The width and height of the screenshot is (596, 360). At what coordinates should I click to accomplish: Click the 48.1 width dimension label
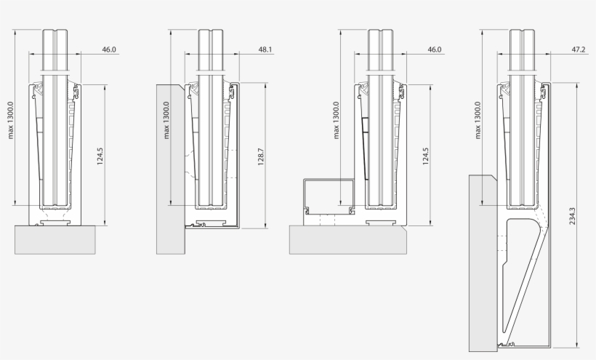pos(265,50)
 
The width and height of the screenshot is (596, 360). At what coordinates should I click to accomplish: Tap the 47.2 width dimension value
pos(579,50)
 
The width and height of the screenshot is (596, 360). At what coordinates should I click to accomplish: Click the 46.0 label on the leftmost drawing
pos(109,50)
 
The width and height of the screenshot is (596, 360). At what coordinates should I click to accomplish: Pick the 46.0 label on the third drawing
pos(435,50)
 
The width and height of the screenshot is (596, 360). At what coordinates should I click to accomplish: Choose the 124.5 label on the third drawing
pos(425,157)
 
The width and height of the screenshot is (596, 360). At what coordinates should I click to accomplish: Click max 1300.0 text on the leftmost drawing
pos(11,120)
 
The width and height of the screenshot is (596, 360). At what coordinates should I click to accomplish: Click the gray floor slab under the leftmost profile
pos(55,239)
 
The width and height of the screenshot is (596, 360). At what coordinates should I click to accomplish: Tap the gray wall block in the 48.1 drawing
pos(170,167)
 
